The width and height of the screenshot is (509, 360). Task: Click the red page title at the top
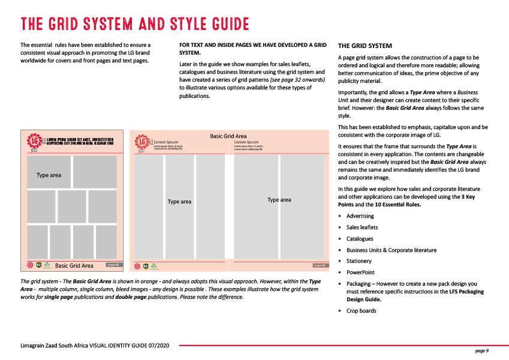coord(135,24)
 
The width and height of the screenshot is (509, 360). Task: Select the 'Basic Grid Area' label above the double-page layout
coord(228,136)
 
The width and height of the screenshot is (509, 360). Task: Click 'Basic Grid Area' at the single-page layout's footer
coord(74,265)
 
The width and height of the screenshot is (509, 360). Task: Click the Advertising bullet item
coord(360,216)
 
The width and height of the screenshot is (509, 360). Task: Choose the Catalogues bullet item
coord(361,239)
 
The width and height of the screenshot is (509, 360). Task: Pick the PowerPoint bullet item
coord(361,272)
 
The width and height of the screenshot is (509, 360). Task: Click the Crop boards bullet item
coord(362,310)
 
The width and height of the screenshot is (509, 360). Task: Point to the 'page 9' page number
coord(482,350)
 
